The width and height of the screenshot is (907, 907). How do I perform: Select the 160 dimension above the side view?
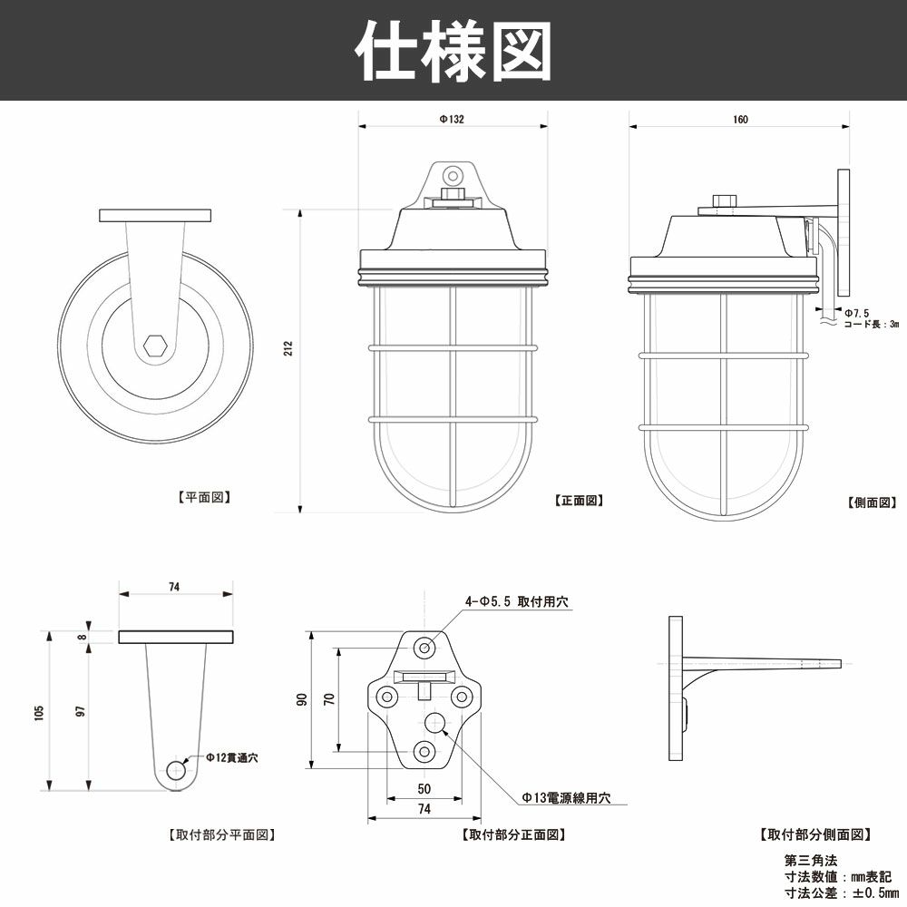tap(740, 120)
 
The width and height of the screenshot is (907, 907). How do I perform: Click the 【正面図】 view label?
tap(578, 500)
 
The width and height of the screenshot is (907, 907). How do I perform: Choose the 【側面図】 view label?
tap(871, 502)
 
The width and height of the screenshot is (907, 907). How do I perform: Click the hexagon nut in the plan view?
tap(155, 346)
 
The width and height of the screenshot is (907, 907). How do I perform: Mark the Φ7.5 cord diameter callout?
tap(857, 312)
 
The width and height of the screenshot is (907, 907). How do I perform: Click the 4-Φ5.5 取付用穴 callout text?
tap(517, 601)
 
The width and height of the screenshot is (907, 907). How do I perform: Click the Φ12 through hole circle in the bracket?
tap(176, 770)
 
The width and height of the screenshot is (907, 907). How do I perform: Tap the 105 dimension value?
tap(38, 713)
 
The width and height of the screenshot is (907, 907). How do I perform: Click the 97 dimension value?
tap(81, 713)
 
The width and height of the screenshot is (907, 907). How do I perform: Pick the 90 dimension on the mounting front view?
tap(303, 699)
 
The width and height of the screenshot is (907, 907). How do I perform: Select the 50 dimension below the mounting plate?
tap(424, 788)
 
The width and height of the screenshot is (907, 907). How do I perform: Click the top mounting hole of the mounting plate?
tap(424, 647)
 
